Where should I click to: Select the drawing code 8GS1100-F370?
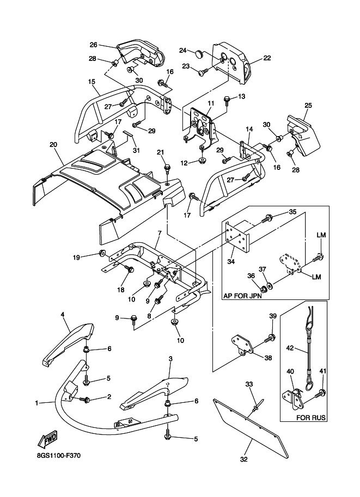[58, 456]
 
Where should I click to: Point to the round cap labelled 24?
[199, 54]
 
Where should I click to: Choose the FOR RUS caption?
[311, 418]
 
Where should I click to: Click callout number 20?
[53, 145]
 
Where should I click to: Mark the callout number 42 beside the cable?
[290, 348]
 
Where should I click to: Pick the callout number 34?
[231, 262]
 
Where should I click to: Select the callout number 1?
[37, 403]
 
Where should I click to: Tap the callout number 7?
[160, 234]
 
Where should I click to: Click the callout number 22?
[267, 58]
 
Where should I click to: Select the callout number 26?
[93, 45]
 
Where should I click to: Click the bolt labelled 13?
[227, 100]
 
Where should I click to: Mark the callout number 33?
[249, 384]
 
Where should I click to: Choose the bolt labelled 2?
[85, 400]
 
